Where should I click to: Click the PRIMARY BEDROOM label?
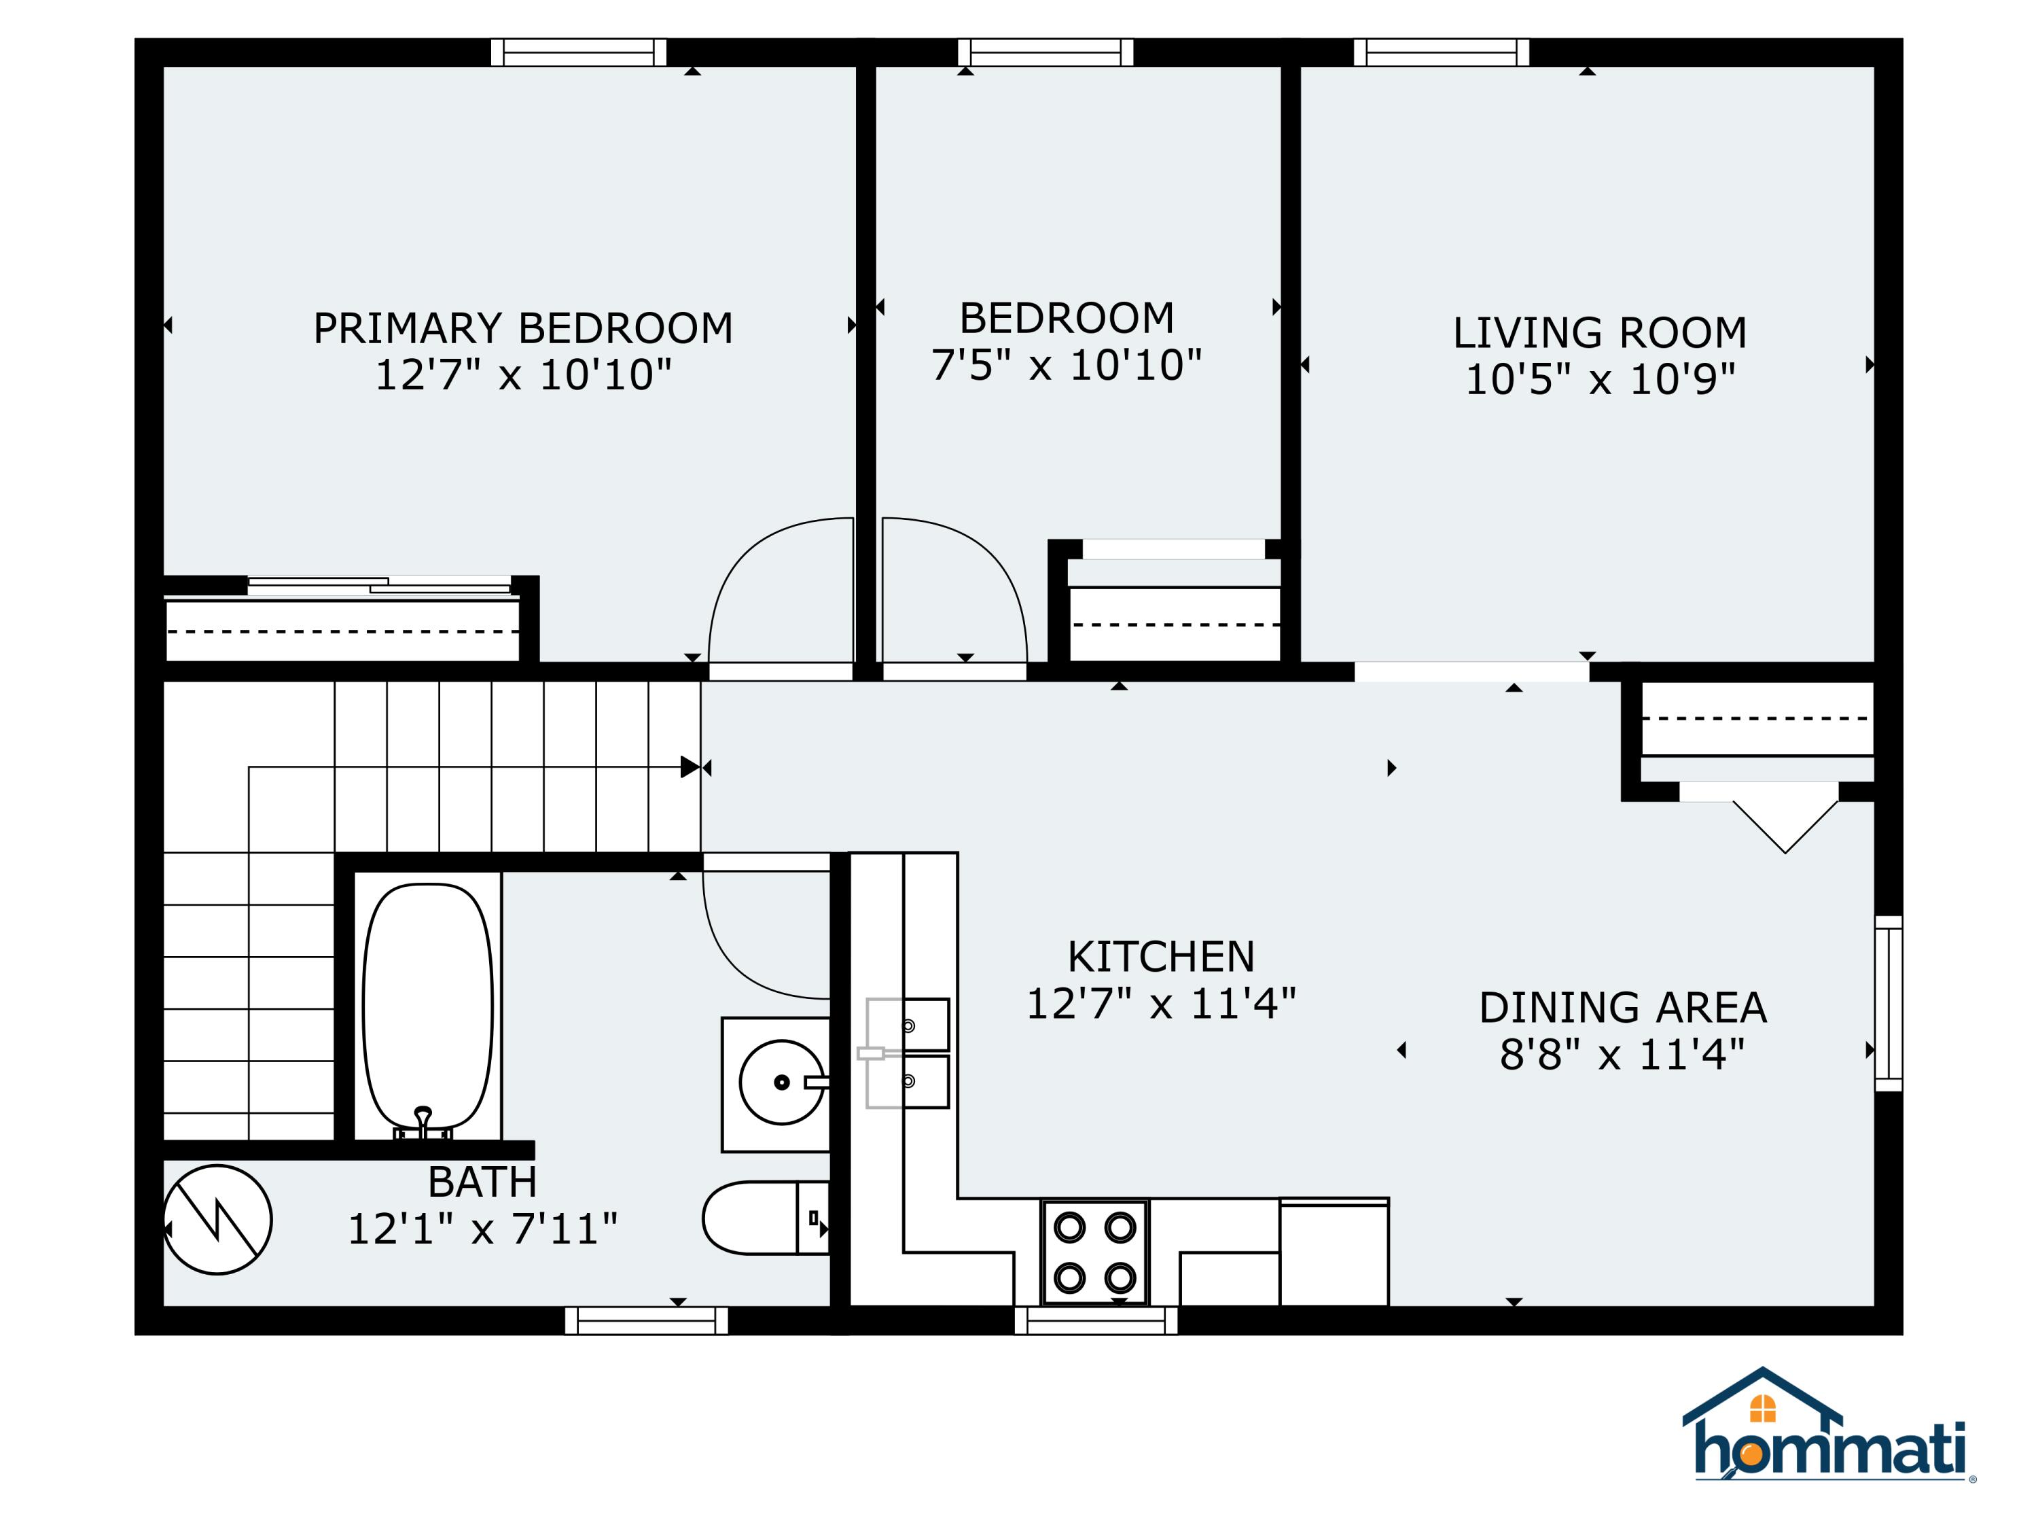pyautogui.click(x=523, y=328)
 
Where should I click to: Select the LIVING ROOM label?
pyautogui.click(x=1599, y=333)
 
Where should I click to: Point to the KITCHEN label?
pyautogui.click(x=1161, y=957)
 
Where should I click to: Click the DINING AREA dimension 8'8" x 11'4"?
pyautogui.click(x=1622, y=1055)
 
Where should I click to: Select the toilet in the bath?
pyautogui.click(x=766, y=1218)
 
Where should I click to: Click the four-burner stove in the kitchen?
pyautogui.click(x=1094, y=1252)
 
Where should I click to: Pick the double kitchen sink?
pyautogui.click(x=907, y=1053)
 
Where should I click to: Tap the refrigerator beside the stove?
pyautogui.click(x=1334, y=1252)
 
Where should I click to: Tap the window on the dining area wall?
pyautogui.click(x=1889, y=1004)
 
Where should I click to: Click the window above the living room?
pyautogui.click(x=1441, y=52)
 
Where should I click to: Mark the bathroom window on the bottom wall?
pyautogui.click(x=647, y=1320)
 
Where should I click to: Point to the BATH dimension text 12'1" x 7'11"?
pyautogui.click(x=482, y=1229)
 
